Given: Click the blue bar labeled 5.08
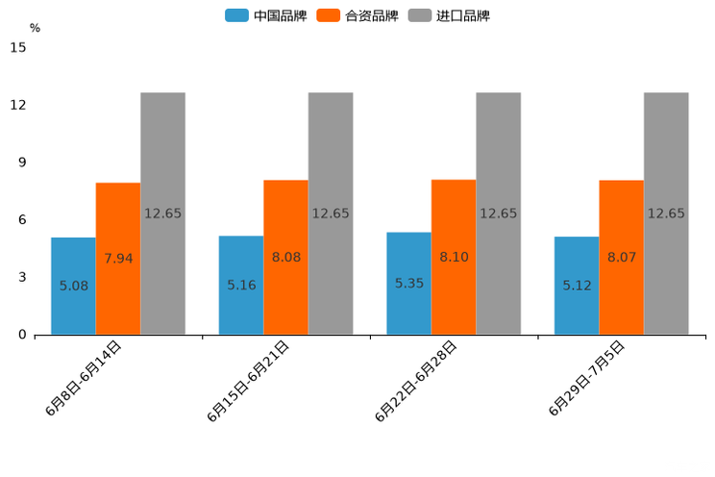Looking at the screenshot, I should (x=73, y=286).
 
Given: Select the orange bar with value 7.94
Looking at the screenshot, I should (x=118, y=258).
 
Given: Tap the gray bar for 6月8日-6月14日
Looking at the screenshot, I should (x=162, y=213).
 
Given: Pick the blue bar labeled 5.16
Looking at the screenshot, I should (x=241, y=285).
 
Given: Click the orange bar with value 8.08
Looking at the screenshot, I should (x=285, y=257).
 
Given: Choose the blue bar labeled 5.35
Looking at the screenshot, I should (x=408, y=283).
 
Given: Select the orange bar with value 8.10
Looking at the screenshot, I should (x=454, y=257).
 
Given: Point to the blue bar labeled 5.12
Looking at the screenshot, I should (x=577, y=285).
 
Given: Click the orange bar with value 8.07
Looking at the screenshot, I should (x=621, y=257).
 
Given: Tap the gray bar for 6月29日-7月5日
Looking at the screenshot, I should (x=666, y=213).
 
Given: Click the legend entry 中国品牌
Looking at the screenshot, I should (x=266, y=15).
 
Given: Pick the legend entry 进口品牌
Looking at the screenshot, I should (x=449, y=15).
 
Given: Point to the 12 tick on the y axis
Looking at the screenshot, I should (x=18, y=105).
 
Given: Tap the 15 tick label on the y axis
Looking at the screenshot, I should (x=18, y=47).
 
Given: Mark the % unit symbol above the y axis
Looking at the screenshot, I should (x=35, y=28).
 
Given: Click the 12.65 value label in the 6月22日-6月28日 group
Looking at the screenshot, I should (x=498, y=213).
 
